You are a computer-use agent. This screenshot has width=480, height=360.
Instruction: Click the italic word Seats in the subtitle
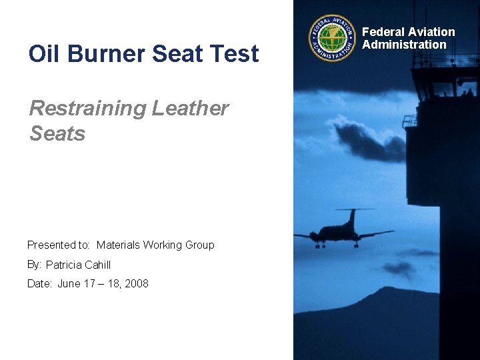[57, 133]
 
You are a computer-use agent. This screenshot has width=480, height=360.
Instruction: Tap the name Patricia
[65, 265]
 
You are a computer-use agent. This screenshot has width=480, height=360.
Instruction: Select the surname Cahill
[99, 265]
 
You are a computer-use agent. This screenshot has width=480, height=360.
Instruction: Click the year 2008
[136, 283]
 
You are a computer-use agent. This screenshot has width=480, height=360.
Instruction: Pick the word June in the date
[69, 283]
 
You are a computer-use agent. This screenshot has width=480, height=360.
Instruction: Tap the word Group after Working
[199, 245]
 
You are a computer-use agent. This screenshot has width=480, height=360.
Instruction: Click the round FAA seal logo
[332, 39]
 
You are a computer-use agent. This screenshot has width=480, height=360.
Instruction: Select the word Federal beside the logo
[383, 32]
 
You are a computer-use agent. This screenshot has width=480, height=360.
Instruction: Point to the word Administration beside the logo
[404, 45]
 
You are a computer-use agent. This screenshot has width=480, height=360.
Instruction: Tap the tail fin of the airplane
[351, 217]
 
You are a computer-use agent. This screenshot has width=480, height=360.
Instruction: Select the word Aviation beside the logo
[431, 32]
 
